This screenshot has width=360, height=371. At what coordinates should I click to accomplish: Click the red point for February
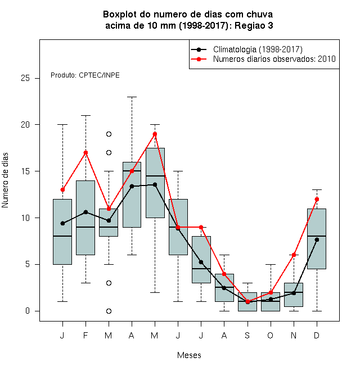click(x=85, y=152)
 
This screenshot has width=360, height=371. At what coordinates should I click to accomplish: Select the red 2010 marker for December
click(x=317, y=199)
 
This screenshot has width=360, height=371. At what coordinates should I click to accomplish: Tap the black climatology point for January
click(x=62, y=223)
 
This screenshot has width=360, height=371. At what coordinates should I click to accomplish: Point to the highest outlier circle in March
click(x=109, y=134)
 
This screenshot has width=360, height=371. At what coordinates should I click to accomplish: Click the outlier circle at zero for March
click(x=109, y=311)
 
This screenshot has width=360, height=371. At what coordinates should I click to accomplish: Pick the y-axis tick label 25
click(x=25, y=78)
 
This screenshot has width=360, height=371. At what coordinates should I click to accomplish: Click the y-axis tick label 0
click(x=28, y=311)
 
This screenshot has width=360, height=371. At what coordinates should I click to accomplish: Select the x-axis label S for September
click(x=247, y=335)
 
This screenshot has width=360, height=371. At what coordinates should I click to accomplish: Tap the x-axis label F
click(x=85, y=335)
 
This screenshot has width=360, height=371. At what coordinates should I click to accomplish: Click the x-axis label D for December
click(x=317, y=335)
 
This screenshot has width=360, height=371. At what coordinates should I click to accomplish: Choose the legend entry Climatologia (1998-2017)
click(x=258, y=49)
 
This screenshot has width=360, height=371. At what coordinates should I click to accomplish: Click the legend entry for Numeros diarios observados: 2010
click(x=274, y=59)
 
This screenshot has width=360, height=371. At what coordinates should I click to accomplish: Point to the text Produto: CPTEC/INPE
click(x=85, y=75)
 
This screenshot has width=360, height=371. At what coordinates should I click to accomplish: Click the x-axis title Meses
click(x=189, y=355)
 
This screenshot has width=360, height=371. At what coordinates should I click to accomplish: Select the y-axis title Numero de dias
click(x=5, y=180)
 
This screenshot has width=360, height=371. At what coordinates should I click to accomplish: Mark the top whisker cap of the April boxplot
click(x=132, y=97)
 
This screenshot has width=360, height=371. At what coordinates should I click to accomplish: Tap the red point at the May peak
click(x=155, y=134)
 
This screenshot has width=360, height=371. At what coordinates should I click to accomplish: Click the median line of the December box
click(x=317, y=236)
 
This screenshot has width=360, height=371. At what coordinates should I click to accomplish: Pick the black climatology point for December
click(x=317, y=239)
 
